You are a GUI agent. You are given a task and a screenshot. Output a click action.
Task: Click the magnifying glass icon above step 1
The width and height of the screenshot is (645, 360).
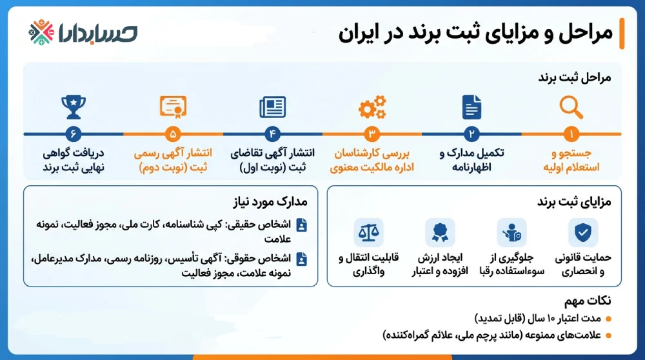click(x=571, y=107)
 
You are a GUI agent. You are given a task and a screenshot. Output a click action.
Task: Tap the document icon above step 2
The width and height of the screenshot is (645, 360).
click(x=471, y=107)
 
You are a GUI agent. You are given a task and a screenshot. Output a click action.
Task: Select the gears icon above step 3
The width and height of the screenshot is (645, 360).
click(x=372, y=107)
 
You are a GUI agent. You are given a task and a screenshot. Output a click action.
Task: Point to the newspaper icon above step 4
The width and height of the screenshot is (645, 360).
click(x=272, y=107)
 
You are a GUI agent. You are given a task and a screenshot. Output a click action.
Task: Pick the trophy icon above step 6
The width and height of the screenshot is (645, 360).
click(x=73, y=107)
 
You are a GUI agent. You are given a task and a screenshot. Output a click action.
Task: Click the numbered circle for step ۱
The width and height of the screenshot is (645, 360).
click(x=571, y=134)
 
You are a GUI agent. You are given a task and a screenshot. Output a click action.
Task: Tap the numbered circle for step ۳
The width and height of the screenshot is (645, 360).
click(x=372, y=134)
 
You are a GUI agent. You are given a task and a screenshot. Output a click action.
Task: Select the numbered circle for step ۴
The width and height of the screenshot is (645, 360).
click(x=272, y=134)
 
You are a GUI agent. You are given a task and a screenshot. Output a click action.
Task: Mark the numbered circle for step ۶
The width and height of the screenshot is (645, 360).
click(x=73, y=134)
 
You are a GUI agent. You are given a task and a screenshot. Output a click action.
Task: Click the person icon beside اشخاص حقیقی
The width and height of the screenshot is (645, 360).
click(x=301, y=225)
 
